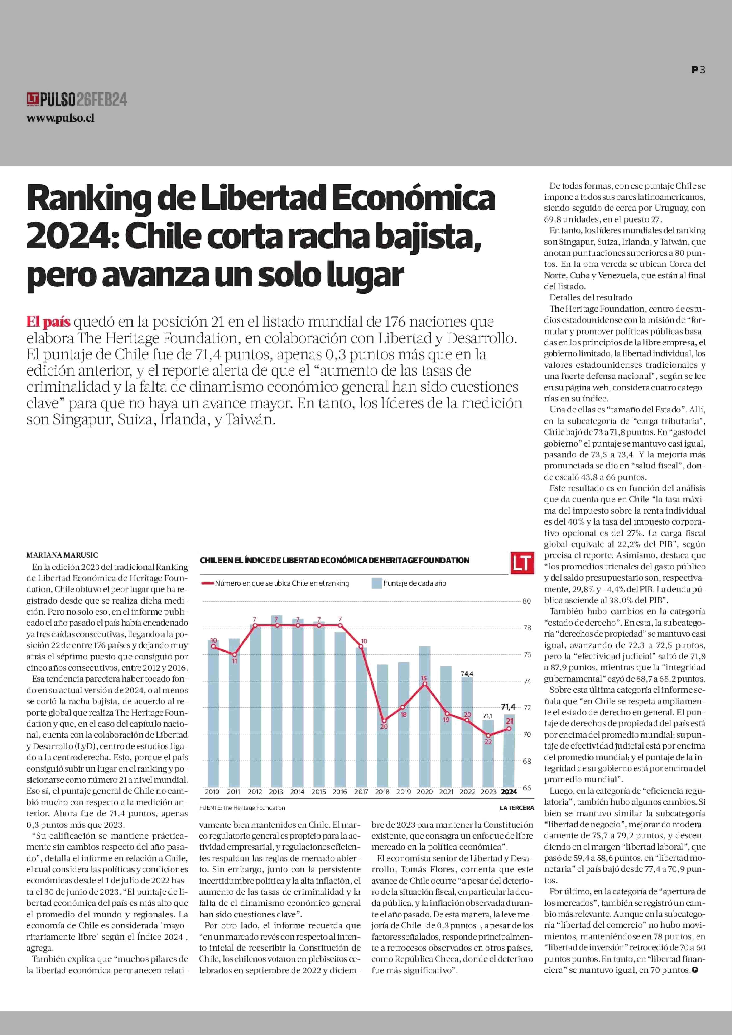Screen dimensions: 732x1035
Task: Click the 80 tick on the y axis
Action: tap(526, 601)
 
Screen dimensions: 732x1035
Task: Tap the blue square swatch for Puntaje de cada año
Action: tap(376, 583)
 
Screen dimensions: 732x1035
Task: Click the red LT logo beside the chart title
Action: tap(522, 563)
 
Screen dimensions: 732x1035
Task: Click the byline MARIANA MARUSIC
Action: tap(62, 555)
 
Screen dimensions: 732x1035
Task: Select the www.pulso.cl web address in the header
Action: tap(60, 119)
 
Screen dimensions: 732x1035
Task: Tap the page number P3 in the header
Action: tap(698, 70)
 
